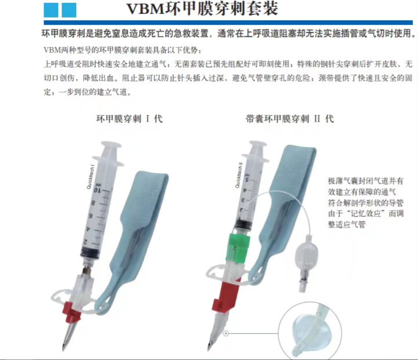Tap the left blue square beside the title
click(x=51, y=10)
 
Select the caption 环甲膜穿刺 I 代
click(x=129, y=119)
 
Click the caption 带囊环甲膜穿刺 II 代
click(x=290, y=119)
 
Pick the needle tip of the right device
click(x=209, y=348)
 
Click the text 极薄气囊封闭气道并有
click(x=365, y=181)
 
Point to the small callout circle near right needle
click(x=226, y=333)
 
